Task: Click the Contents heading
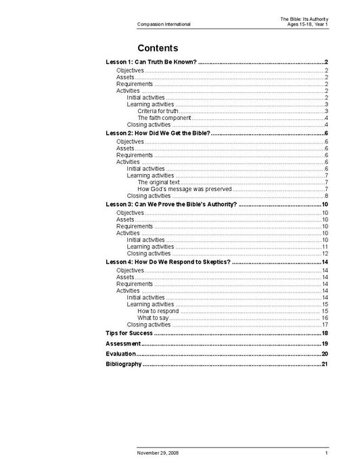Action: (157, 48)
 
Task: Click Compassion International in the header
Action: (163, 24)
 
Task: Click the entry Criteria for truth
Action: (158, 111)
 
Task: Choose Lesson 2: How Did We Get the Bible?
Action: (158, 133)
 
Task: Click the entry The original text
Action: (158, 182)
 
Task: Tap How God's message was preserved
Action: (185, 189)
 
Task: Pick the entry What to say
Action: (153, 318)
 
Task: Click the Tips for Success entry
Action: (128, 333)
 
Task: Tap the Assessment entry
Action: (122, 344)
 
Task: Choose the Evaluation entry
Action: (120, 354)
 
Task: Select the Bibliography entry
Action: (123, 364)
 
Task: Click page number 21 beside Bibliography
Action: (325, 364)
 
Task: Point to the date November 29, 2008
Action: (158, 452)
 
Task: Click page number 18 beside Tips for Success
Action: (325, 333)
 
